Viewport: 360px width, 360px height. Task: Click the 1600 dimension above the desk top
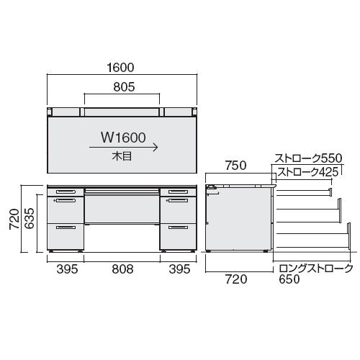pos(120,68)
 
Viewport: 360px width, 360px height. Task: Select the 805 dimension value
pos(124,87)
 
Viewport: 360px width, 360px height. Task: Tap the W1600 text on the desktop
pos(123,138)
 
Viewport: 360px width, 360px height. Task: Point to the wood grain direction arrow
pos(123,148)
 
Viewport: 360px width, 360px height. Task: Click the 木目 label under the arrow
pos(122,156)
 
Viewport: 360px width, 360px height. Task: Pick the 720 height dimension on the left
pos(14,219)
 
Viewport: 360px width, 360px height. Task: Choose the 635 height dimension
pos(30,218)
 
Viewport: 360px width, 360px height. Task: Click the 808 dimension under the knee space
pos(122,269)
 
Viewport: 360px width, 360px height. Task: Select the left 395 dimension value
pos(67,269)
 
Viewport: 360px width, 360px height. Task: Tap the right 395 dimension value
pos(179,269)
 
